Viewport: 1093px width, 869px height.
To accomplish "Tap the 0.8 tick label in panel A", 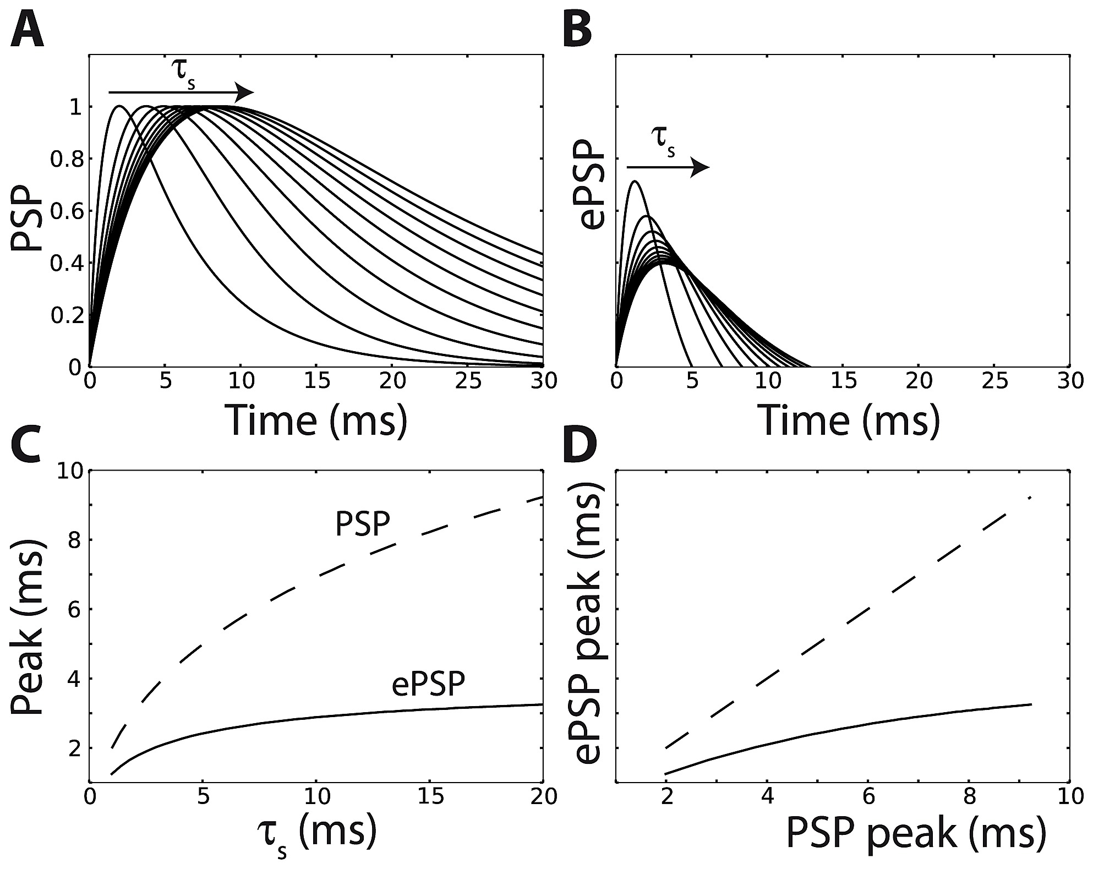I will [x=64, y=160].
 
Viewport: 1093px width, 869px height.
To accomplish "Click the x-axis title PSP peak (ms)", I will [x=915, y=832].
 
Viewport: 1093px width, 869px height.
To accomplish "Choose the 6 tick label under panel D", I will [x=868, y=797].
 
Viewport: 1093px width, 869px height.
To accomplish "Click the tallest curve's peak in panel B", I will [x=635, y=181].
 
